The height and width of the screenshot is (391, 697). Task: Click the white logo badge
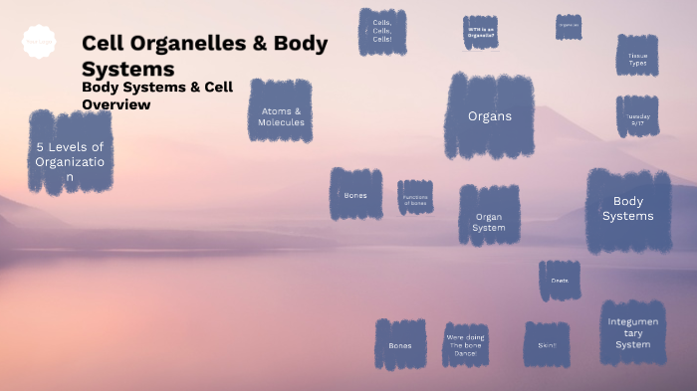(x=39, y=42)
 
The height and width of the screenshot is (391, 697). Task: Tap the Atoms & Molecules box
(x=282, y=116)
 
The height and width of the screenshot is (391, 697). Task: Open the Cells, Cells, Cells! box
(x=382, y=31)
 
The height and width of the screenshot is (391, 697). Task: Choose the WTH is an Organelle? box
(x=481, y=32)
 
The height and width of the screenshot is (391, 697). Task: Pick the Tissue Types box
(x=637, y=55)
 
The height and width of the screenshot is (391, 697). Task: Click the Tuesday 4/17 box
(x=637, y=116)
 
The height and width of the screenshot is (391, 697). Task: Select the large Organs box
(x=490, y=115)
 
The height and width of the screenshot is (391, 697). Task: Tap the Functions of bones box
(x=415, y=197)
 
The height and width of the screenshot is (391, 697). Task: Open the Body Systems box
(x=627, y=209)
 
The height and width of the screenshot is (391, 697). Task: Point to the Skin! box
(x=547, y=344)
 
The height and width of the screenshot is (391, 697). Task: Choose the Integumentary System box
(x=632, y=332)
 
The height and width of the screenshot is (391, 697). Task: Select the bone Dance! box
(x=465, y=344)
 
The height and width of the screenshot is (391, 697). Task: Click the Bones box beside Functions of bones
(x=355, y=194)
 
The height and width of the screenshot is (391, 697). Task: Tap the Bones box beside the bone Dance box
(x=400, y=344)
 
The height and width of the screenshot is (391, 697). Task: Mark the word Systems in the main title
(x=128, y=69)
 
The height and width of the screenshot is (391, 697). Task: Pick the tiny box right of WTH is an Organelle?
(x=569, y=27)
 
